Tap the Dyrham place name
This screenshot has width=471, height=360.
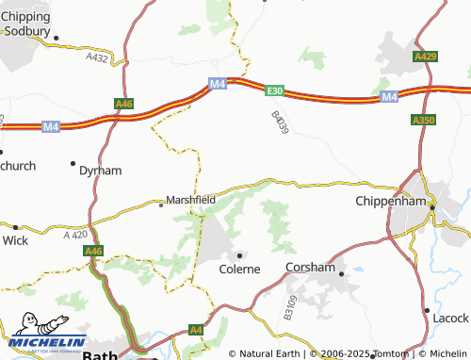coord(101,171)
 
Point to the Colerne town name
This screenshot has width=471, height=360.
coord(239,269)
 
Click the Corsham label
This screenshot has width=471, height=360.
coord(310,268)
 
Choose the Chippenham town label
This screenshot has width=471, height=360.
coord(392,201)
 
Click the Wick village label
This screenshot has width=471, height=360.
coord(15,240)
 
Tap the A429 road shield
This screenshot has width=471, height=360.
coord(426,57)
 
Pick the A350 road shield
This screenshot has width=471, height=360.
coord(424,121)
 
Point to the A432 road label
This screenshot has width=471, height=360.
coord(96,57)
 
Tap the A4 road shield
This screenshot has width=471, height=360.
coord(195,330)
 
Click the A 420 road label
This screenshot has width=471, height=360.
coord(73,234)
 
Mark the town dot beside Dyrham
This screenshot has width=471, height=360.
coord(73,163)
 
